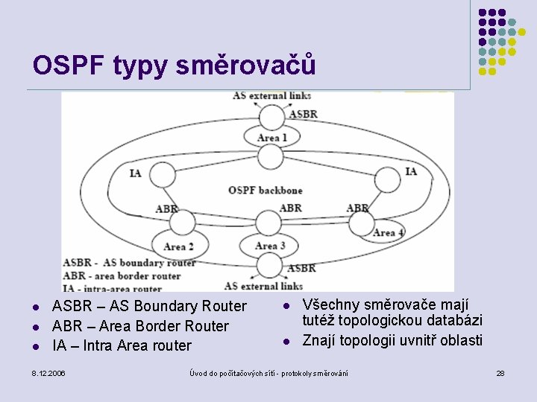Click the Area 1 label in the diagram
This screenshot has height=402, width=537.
tap(271, 138)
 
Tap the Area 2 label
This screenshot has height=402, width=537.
tap(174, 246)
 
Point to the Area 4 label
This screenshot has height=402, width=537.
tap(388, 233)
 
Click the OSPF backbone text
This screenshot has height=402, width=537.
tap(266, 190)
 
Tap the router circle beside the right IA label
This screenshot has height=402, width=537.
tap(387, 179)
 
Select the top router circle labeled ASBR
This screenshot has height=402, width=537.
tap(269, 116)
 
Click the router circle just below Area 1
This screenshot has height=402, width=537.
tap(268, 157)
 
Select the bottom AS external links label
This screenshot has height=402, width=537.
tap(263, 285)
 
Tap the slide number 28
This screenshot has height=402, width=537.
tap(500, 372)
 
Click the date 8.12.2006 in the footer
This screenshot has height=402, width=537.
tap(49, 372)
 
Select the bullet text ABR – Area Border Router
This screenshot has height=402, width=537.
tap(140, 326)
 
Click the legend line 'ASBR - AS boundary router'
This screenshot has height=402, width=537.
tap(129, 263)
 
